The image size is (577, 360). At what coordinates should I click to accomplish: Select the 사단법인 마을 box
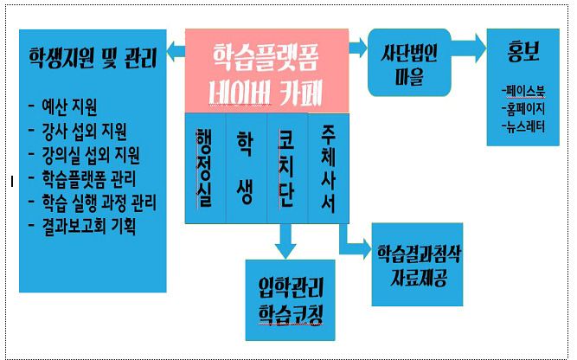click(x=408, y=62)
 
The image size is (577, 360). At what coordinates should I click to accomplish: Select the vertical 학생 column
click(x=246, y=168)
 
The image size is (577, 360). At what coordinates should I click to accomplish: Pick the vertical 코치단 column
click(x=286, y=168)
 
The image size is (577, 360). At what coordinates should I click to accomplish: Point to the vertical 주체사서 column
click(x=328, y=168)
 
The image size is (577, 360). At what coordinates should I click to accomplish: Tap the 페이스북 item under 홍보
click(x=523, y=90)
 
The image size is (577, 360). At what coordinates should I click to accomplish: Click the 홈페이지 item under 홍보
click(x=523, y=108)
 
